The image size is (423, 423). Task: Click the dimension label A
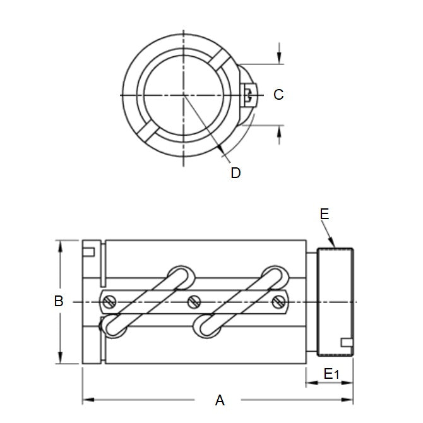pos(220,400)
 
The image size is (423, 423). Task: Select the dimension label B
pos(59,302)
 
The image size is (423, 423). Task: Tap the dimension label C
pos(278,95)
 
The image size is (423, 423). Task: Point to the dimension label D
pos(235,172)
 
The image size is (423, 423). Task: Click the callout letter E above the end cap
pos(325,215)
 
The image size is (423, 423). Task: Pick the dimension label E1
pos(331,374)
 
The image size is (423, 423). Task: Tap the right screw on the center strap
pos(278,302)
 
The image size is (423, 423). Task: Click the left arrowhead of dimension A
pos(86,400)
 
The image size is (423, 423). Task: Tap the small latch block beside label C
pos(247,95)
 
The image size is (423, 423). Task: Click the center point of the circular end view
pos(184,95)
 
